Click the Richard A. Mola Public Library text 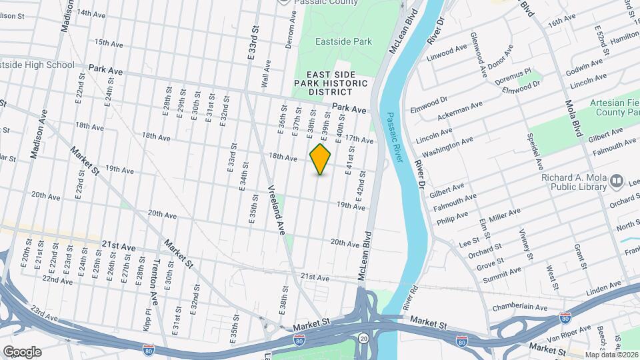point(574,187)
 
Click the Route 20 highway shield point(362,338)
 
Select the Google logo point(22,351)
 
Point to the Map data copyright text point(611,354)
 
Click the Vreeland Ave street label point(278,209)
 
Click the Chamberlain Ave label point(519,307)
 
